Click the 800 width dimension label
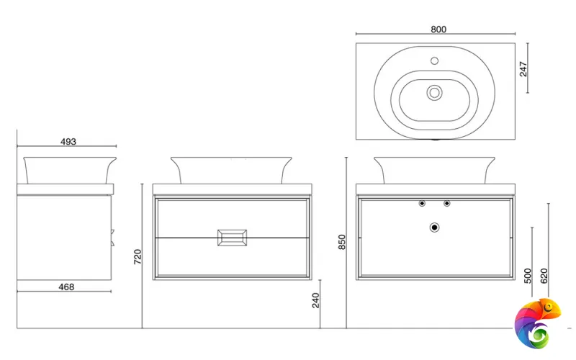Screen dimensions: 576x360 coord(438,30)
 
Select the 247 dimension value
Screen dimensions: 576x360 coord(523,69)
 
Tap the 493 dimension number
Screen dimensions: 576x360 coord(68,142)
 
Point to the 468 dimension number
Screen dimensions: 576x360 coord(66,287)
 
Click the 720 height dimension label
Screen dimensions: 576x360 coord(138,257)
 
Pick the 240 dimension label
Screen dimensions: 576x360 coord(315,300)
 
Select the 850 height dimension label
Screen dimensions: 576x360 coord(342,242)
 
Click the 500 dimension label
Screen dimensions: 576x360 coord(528,276)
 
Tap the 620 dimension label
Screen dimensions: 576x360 coord(544,276)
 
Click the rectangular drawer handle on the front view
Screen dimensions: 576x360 coord(232,238)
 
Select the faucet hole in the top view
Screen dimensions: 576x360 coord(435,60)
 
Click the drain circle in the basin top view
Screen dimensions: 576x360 coord(435,93)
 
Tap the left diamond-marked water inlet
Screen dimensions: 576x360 coord(422,203)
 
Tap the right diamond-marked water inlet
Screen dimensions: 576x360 coord(446,203)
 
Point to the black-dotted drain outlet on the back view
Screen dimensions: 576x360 coord(435,228)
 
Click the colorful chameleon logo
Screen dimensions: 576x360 coord(537,323)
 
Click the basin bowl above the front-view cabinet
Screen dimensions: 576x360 coord(231,171)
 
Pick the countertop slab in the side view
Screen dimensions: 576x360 coord(66,189)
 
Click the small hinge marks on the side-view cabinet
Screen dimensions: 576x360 coord(113,238)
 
